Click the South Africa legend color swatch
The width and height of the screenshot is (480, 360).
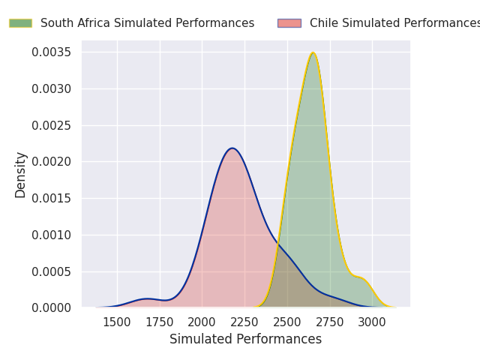(20, 23)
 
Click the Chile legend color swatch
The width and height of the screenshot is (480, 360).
(289, 23)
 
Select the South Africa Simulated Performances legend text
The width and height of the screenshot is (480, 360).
(147, 23)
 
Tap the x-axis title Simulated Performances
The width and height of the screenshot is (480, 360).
(245, 339)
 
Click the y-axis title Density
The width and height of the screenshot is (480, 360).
(21, 174)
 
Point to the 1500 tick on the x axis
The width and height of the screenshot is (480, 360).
(117, 322)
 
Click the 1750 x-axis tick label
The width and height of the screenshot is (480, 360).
(160, 322)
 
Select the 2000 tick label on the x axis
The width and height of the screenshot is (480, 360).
(202, 322)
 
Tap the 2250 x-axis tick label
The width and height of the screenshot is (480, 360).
(244, 322)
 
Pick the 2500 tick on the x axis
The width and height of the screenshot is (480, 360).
(287, 322)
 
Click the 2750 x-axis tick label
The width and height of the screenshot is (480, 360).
(330, 322)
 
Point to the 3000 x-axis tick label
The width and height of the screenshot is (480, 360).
(373, 322)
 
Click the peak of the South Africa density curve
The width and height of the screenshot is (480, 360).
(313, 52)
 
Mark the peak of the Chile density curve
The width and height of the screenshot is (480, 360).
(232, 148)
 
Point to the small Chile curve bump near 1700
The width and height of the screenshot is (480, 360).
(148, 298)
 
